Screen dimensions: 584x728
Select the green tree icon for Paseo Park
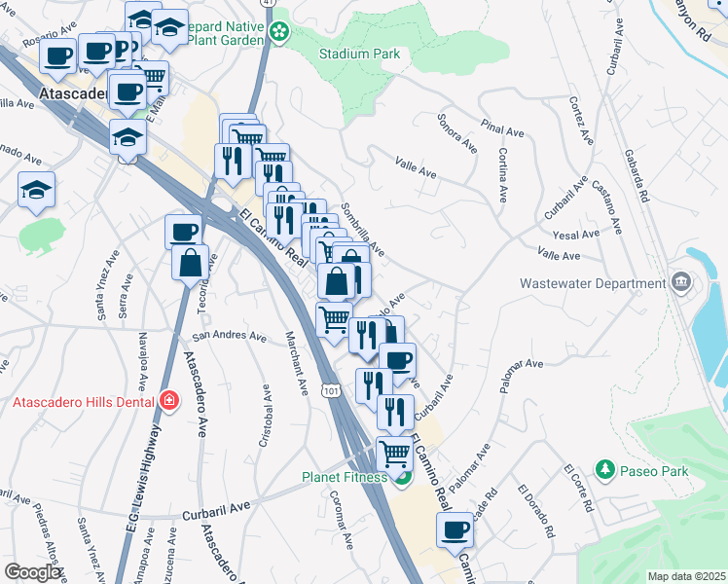click(x=604, y=471)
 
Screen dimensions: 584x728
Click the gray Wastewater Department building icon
click(x=680, y=283)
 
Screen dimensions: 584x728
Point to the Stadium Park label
click(x=359, y=55)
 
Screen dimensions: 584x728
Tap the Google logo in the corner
click(x=33, y=572)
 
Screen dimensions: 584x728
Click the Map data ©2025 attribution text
click(x=686, y=576)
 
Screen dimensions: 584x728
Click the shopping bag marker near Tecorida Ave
click(x=190, y=261)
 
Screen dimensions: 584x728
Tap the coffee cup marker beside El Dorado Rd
click(x=455, y=529)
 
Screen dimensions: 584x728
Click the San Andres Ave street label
click(x=229, y=337)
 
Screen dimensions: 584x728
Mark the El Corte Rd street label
click(x=578, y=489)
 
